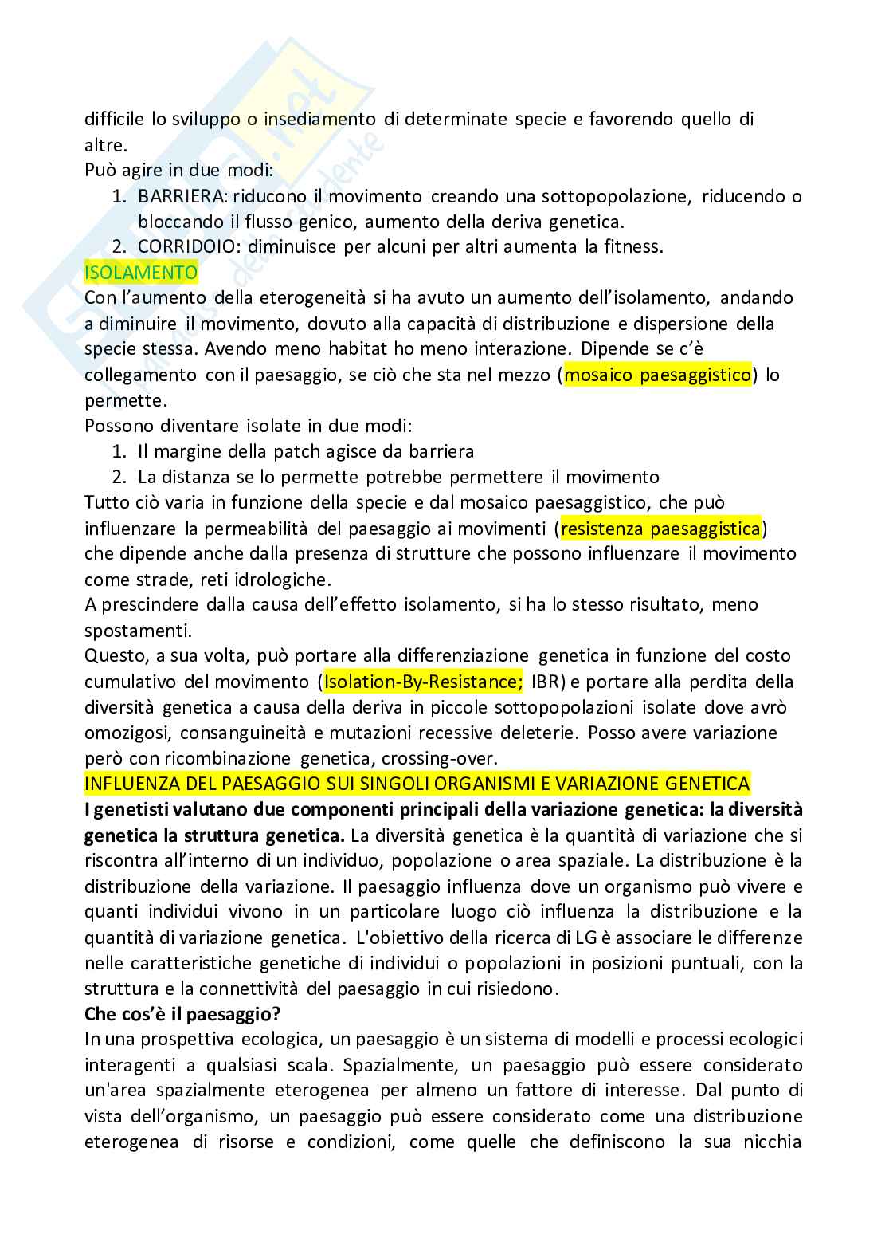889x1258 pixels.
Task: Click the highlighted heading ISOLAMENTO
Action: pyautogui.click(x=141, y=273)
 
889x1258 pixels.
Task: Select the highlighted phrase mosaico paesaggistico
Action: pyautogui.click(x=658, y=375)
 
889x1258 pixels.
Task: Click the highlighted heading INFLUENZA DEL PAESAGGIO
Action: pyautogui.click(x=417, y=784)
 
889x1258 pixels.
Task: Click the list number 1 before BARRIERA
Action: pyautogui.click(x=119, y=196)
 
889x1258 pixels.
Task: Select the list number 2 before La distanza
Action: pyautogui.click(x=119, y=477)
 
